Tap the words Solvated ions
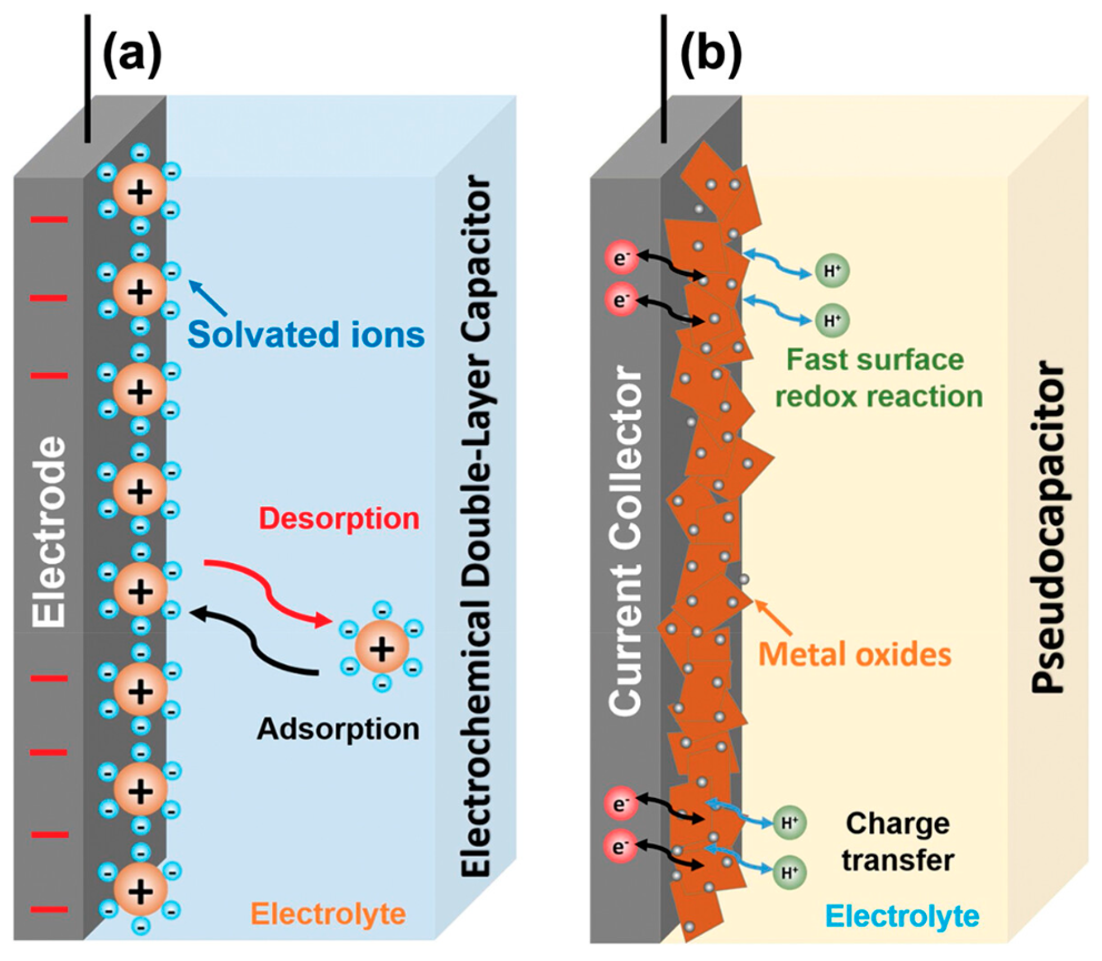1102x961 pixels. click(306, 335)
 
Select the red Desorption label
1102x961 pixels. click(339, 518)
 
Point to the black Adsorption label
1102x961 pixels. click(338, 729)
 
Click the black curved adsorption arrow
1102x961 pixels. click(253, 641)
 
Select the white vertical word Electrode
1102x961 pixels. click(49, 532)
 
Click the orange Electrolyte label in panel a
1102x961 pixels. click(329, 914)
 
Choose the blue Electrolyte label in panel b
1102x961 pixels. click(902, 916)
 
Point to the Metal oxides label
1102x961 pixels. click(855, 654)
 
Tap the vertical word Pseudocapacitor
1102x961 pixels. click(1049, 529)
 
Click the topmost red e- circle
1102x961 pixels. click(621, 258)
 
